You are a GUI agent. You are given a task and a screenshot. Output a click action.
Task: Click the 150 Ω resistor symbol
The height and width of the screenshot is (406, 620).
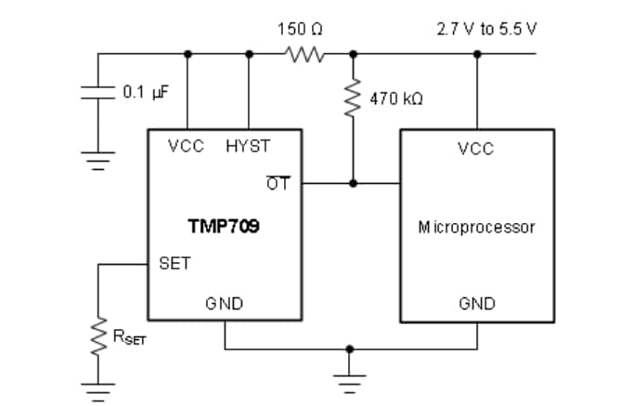(x=307, y=53)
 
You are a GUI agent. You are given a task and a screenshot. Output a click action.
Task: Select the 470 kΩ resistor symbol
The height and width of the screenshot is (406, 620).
(x=353, y=97)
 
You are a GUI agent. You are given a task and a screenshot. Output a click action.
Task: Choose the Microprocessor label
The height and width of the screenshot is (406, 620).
(x=476, y=226)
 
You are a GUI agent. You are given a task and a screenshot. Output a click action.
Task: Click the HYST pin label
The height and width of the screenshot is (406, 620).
(x=247, y=146)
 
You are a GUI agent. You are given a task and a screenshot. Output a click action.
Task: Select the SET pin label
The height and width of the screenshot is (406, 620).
(x=174, y=263)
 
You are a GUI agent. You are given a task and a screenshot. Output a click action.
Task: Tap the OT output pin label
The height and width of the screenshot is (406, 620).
(x=278, y=183)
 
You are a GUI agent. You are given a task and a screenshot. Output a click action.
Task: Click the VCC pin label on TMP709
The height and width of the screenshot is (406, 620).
(x=186, y=146)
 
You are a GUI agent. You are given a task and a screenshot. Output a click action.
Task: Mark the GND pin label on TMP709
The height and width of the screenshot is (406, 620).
(x=224, y=303)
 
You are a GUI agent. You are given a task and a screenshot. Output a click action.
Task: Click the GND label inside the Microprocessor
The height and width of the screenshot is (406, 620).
(x=476, y=303)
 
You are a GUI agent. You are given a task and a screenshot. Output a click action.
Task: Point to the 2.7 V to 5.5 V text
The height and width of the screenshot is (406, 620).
(x=486, y=29)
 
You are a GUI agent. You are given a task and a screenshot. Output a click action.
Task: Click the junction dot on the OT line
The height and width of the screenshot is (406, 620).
(x=353, y=183)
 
